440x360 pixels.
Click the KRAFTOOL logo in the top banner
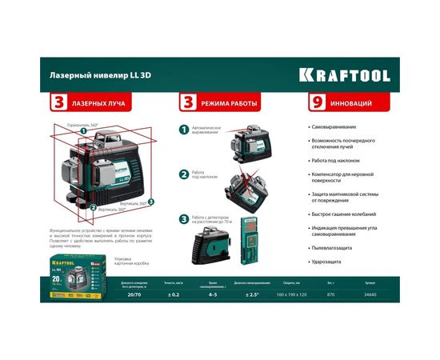pyautogui.click(x=345, y=74)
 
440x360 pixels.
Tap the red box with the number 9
pyautogui.click(x=318, y=102)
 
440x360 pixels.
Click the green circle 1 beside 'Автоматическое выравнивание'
pyautogui.click(x=183, y=129)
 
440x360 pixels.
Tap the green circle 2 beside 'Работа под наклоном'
pyautogui.click(x=183, y=174)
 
